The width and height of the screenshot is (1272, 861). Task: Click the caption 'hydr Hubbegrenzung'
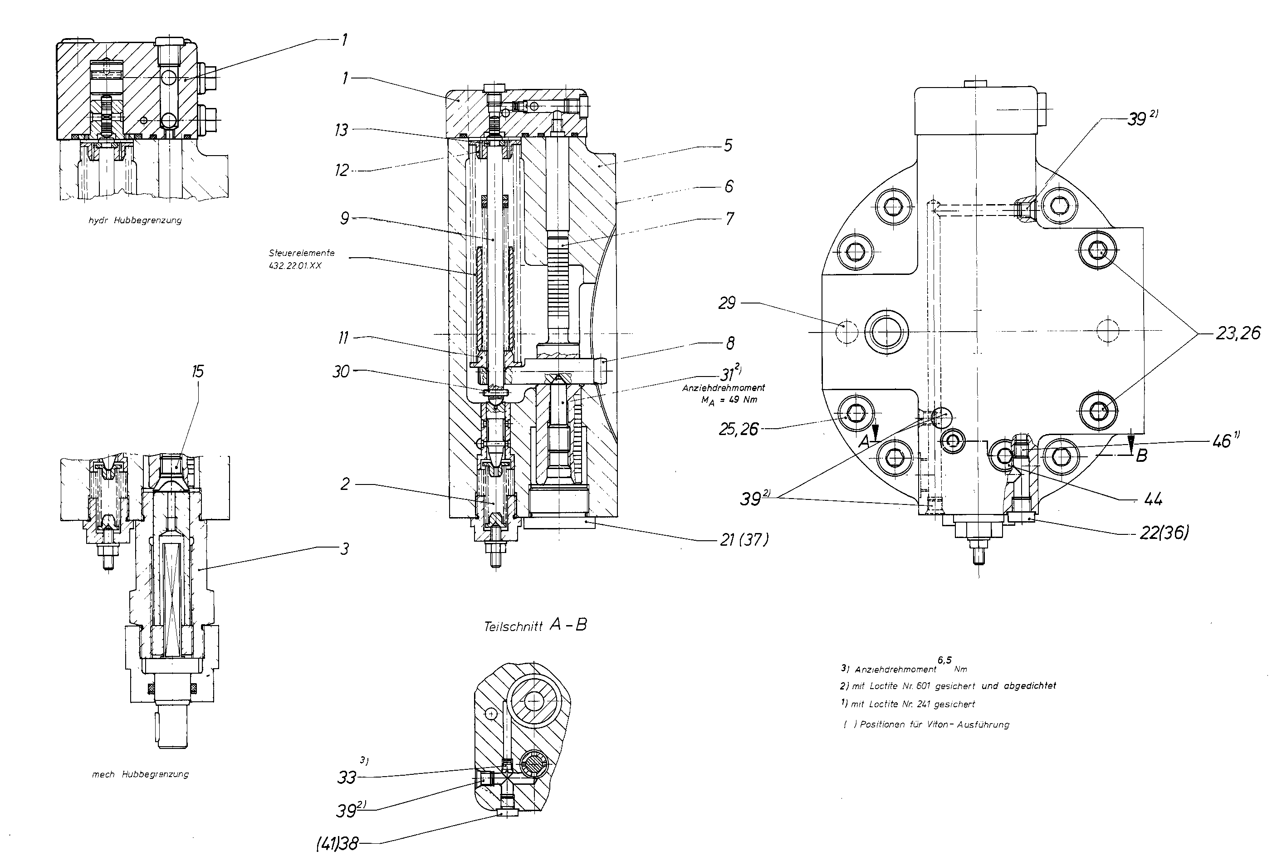click(135, 220)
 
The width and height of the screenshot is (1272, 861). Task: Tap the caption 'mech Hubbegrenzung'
click(140, 774)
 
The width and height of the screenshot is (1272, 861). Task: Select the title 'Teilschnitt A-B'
click(535, 626)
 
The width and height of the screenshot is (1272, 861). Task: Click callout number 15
click(198, 372)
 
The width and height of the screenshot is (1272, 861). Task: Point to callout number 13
click(342, 130)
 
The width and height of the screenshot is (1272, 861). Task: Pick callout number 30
click(341, 372)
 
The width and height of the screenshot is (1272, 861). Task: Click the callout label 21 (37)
click(744, 540)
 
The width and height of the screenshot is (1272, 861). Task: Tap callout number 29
click(727, 303)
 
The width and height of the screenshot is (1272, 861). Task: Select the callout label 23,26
click(1238, 333)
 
